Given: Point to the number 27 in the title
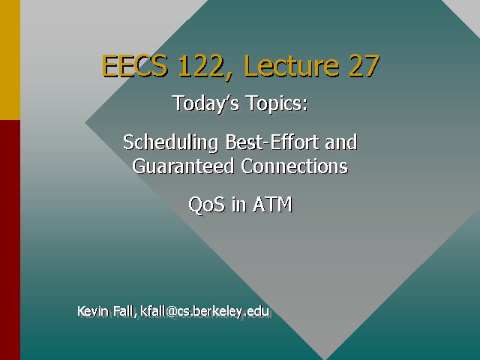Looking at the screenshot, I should (363, 67).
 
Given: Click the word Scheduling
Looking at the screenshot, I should (169, 142).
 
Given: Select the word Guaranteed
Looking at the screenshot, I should (184, 166).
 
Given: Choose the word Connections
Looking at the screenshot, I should (294, 166).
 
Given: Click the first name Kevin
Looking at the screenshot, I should (94, 311).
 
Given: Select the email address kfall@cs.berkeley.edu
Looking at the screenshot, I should (205, 311).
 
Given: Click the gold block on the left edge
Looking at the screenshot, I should (10, 60).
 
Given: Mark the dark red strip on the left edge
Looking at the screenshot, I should (10, 240).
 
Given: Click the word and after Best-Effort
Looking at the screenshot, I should (341, 142).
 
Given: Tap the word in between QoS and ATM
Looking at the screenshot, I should (238, 204).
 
